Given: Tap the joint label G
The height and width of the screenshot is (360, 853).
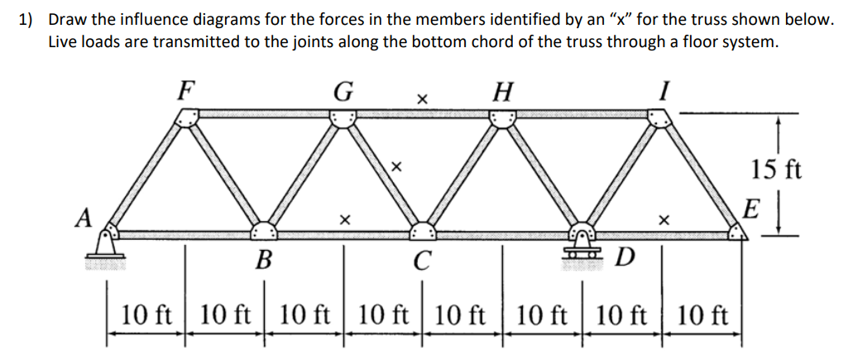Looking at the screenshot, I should (x=341, y=90).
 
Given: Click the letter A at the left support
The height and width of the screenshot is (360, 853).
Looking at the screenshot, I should (x=83, y=218).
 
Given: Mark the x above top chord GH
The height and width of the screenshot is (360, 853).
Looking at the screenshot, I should (x=421, y=100).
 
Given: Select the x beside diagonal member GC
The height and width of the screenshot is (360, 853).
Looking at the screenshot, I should (x=396, y=167).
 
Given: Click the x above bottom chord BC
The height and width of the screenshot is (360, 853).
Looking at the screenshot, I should (x=343, y=220).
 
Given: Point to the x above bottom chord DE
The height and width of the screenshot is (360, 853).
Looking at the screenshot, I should (x=661, y=221).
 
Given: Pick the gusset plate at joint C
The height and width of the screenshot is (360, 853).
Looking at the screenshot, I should (x=422, y=230).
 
